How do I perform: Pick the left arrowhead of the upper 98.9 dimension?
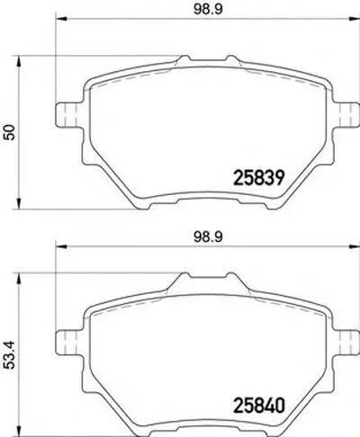[60, 21]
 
